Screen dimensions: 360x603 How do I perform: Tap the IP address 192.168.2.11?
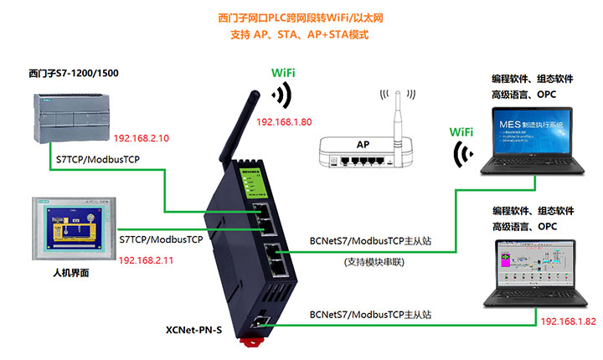(x=146, y=261)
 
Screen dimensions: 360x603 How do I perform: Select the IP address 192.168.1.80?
(x=284, y=122)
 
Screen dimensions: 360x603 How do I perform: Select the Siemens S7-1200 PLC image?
(x=69, y=115)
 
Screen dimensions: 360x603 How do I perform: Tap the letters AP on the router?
(x=363, y=144)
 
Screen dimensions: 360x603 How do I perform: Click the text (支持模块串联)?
(x=374, y=262)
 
